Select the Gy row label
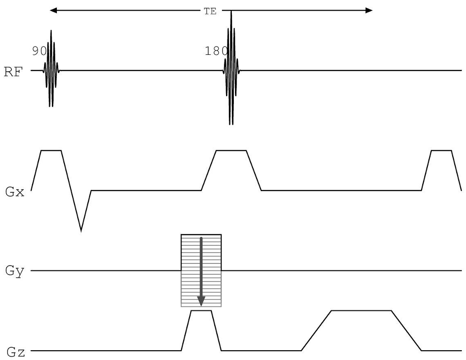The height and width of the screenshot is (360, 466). [x=14, y=270]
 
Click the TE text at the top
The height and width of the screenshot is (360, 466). [x=210, y=11]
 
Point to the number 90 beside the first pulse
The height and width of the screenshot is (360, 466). [x=39, y=51]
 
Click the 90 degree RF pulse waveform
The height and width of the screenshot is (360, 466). [x=51, y=70]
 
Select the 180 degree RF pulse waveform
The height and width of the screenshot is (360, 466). [x=231, y=70]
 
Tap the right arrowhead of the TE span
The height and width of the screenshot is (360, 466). [x=369, y=11]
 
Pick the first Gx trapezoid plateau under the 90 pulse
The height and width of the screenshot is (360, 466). [x=51, y=151]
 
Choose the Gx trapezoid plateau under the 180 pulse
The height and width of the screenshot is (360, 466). [x=231, y=151]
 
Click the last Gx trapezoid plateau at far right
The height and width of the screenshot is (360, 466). [x=441, y=151]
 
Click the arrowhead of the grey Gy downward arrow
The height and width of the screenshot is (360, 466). [x=201, y=301]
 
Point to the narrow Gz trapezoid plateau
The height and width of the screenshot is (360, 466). [x=201, y=311]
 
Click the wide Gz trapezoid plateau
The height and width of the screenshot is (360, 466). [x=361, y=311]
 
